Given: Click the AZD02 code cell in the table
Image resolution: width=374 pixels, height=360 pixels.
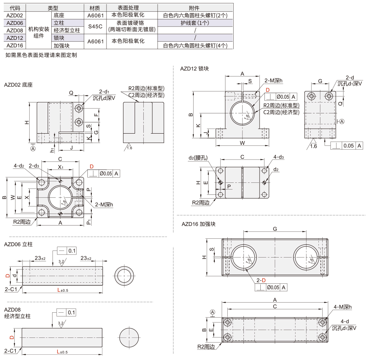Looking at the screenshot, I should (15, 15).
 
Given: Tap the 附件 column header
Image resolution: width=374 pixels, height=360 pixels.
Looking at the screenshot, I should (195, 8).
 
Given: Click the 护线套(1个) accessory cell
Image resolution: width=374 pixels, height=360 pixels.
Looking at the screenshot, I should (195, 23).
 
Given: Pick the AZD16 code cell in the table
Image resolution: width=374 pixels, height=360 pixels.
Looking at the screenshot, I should (15, 45).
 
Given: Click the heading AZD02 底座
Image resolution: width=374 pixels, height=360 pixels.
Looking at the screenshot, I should (18, 85).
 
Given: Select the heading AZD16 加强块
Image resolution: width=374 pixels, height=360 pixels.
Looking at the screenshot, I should (198, 224).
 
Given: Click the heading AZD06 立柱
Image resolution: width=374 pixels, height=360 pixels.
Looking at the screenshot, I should (18, 244).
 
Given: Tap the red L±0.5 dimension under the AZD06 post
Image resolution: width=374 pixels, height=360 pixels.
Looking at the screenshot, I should (62, 290).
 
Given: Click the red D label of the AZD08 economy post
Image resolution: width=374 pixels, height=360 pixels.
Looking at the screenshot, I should (11, 337).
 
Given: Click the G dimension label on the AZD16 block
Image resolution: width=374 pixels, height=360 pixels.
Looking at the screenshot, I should (275, 229).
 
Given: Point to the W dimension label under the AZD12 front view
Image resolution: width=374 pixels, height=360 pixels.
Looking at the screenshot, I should (242, 143).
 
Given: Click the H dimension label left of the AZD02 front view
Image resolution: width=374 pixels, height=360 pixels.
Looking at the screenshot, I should (27, 122).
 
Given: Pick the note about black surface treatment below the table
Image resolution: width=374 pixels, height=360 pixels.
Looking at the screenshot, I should (41, 55).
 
